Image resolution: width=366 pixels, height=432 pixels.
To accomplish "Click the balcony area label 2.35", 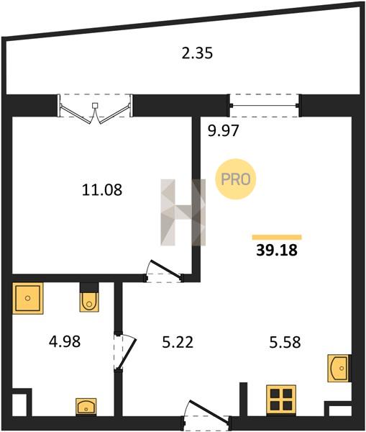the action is click(197, 53).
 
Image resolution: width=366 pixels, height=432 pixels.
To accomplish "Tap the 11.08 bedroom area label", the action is click(102, 190).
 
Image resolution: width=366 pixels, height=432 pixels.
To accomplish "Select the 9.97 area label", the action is click(223, 130).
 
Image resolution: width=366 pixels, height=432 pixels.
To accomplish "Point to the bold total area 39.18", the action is click(277, 250).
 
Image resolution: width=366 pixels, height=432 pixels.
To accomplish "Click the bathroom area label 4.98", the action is click(65, 341).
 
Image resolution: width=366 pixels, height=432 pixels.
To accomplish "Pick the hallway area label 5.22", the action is click(178, 342).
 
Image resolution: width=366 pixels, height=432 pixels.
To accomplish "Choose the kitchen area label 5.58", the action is click(285, 342).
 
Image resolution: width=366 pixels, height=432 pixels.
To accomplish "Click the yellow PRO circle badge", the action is click(236, 179).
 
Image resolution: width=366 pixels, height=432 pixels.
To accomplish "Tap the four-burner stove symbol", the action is click(281, 400).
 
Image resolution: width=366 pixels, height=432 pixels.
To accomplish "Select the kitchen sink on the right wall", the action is click(339, 368).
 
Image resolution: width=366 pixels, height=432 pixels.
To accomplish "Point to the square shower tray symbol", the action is click(28, 298).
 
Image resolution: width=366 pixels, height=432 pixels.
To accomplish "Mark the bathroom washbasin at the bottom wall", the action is click(86, 407).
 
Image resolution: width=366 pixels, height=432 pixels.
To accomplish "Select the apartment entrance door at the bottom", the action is click(206, 413).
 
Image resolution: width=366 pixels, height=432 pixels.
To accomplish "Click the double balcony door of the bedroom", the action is click(95, 109).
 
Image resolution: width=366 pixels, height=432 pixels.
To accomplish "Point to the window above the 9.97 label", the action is click(265, 106).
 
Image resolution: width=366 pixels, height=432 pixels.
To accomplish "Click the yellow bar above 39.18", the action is click(277, 237).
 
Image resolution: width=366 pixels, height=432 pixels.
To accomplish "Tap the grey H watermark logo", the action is click(183, 212).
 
